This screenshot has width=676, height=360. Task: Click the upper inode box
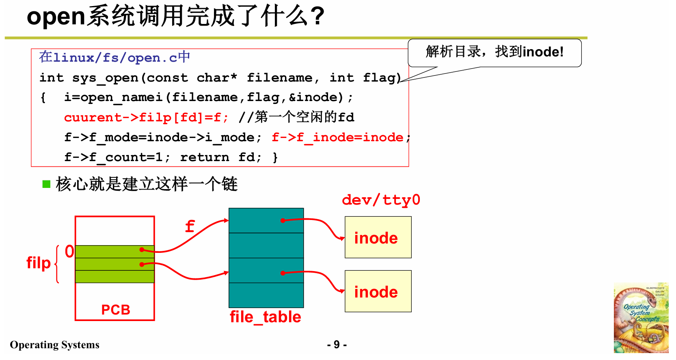(x=378, y=237)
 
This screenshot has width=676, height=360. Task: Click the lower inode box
(x=378, y=291)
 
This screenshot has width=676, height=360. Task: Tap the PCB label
(x=116, y=310)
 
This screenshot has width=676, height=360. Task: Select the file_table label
(x=266, y=317)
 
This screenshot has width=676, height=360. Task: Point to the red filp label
(x=39, y=263)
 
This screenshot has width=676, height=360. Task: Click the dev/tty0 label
(x=381, y=200)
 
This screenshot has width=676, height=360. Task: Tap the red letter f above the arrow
(x=190, y=226)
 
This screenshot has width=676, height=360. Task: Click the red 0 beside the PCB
(x=69, y=252)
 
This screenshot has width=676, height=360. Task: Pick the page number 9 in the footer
(x=337, y=345)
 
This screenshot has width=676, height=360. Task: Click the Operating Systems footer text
(x=55, y=345)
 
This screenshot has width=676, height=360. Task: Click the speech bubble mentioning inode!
(x=495, y=52)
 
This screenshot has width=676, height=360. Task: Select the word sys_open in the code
(x=105, y=78)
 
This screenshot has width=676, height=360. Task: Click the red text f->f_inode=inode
(x=338, y=138)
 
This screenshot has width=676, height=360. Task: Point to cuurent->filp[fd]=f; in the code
(x=146, y=118)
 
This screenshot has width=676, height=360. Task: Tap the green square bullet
(x=46, y=184)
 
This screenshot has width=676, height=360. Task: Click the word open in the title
(x=56, y=17)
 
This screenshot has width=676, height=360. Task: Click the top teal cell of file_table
(x=266, y=220)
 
